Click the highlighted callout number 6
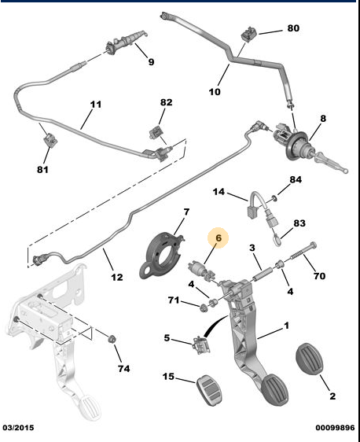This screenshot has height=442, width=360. point(219,236)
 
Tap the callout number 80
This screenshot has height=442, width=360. point(292,29)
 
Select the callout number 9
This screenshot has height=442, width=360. point(151,61)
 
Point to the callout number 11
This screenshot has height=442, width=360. point(96,104)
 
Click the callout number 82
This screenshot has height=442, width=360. point(166,103)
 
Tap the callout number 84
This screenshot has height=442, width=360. point(295,181)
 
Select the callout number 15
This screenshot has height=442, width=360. point(167,377)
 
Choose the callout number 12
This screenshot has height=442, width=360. point(116,277)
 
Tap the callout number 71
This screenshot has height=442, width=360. point(173,301)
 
